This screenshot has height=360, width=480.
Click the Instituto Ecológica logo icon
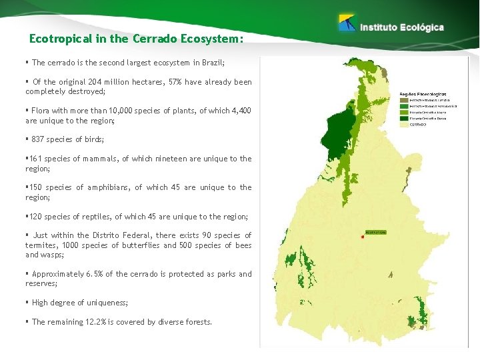pos(347,23)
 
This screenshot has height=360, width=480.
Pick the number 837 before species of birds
pos(38,139)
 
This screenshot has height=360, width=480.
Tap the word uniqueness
pos(105,303)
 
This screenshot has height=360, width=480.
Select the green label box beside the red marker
pos(377,232)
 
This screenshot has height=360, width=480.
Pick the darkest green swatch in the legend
pos(404,118)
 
